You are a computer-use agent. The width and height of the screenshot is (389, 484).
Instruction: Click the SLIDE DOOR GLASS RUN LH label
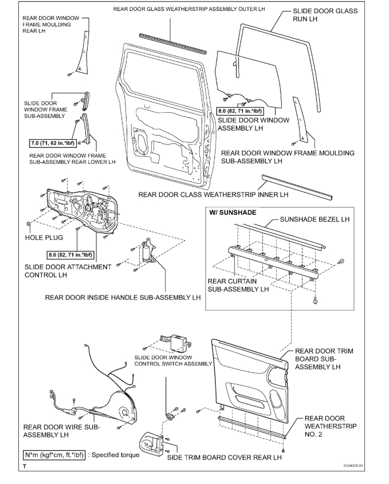click(324, 15)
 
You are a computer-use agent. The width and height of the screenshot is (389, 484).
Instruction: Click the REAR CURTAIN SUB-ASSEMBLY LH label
click(238, 285)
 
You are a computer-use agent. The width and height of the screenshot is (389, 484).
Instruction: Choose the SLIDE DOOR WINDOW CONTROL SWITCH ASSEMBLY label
click(173, 360)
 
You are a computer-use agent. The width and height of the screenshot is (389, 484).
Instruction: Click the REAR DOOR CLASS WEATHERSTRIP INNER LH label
click(213, 195)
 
